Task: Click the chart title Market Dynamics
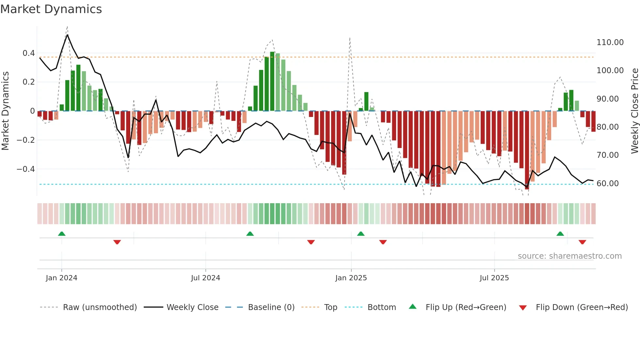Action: pyautogui.click(x=51, y=9)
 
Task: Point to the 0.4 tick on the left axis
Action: pyautogui.click(x=29, y=53)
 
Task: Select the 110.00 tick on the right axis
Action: pyautogui.click(x=610, y=42)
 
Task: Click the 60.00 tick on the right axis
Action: pyautogui.click(x=607, y=184)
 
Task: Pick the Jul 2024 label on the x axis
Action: pyautogui.click(x=205, y=278)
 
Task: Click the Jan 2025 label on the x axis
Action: pyautogui.click(x=351, y=278)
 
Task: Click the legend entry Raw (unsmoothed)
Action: pyautogui.click(x=100, y=307)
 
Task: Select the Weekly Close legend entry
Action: pyautogui.click(x=192, y=307)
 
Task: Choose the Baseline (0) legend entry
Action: pyautogui.click(x=271, y=307)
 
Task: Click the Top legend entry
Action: pyautogui.click(x=330, y=307)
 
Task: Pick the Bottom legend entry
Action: pyautogui.click(x=381, y=307)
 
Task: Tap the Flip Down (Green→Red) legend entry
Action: pyautogui.click(x=582, y=307)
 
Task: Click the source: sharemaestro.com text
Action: pyautogui.click(x=569, y=256)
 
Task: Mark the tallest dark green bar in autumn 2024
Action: pyautogui.click(x=272, y=82)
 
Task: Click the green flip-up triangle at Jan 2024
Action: pyautogui.click(x=62, y=234)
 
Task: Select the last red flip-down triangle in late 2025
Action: pyautogui.click(x=582, y=242)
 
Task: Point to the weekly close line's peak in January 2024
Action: pyautogui.click(x=67, y=35)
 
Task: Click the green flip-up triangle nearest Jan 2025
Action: pyautogui.click(x=361, y=234)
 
